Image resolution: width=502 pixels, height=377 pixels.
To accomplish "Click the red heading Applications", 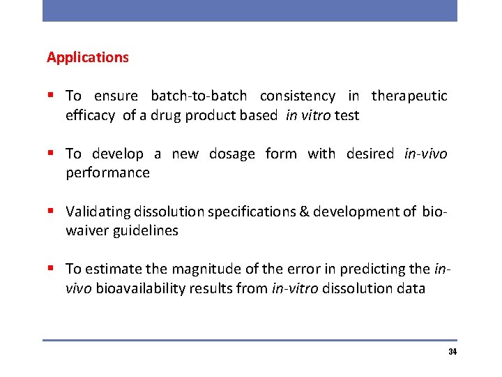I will tap(88, 57).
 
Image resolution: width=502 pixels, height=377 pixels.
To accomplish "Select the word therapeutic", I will tap(409, 96).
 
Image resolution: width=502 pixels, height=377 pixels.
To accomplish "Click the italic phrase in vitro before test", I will tap(307, 116).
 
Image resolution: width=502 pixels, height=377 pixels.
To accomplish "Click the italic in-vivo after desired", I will tap(425, 154).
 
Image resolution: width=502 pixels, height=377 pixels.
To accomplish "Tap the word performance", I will tap(107, 172).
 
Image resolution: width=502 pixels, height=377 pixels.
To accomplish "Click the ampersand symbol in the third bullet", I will tap(304, 212).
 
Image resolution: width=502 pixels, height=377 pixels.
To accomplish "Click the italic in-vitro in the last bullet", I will tap(293, 288).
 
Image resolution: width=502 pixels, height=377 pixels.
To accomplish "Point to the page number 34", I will tap(452, 352).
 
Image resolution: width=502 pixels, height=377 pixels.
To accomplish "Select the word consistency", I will tap(298, 96).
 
